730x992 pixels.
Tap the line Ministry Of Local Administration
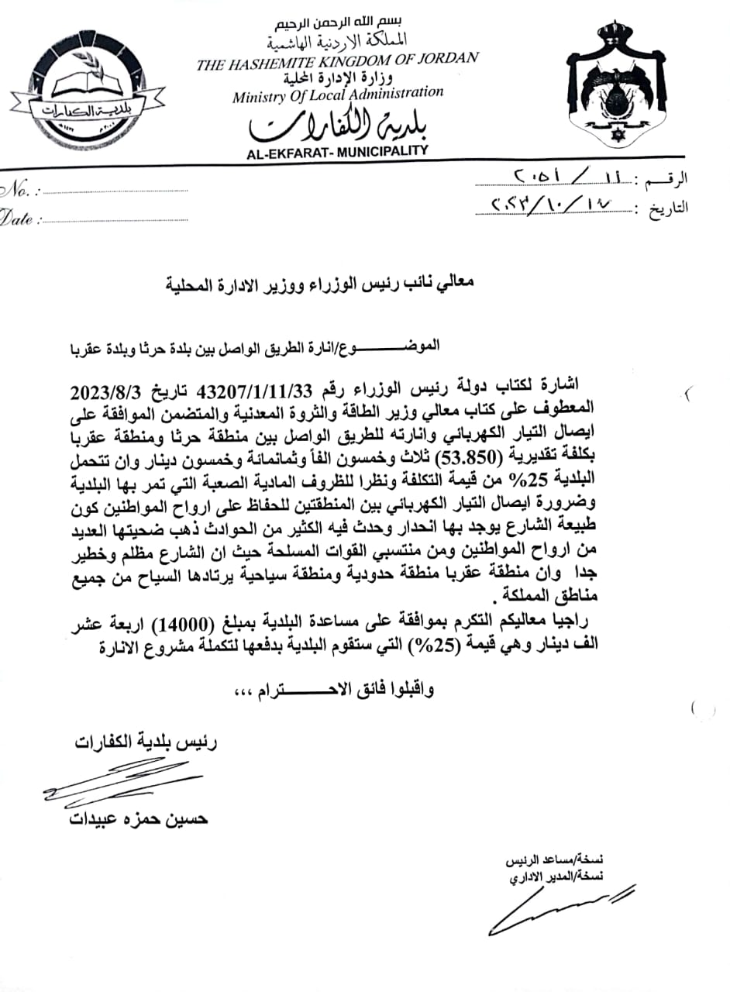click(338, 95)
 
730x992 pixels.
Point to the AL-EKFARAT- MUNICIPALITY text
click(337, 152)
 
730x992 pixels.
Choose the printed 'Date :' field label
click(19, 219)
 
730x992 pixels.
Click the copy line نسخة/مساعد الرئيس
click(555, 860)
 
